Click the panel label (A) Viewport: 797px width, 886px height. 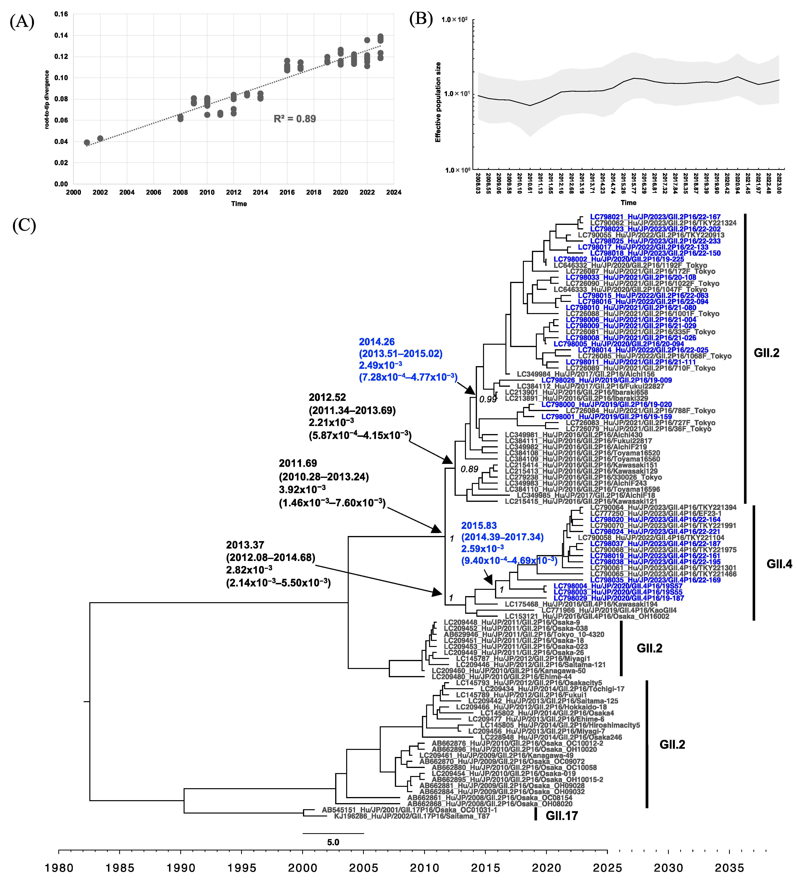22,21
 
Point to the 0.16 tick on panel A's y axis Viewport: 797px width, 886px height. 61,14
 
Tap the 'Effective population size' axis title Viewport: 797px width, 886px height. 438,102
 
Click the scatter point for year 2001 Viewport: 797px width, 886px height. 87,142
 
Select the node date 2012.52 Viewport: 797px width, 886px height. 327,397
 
